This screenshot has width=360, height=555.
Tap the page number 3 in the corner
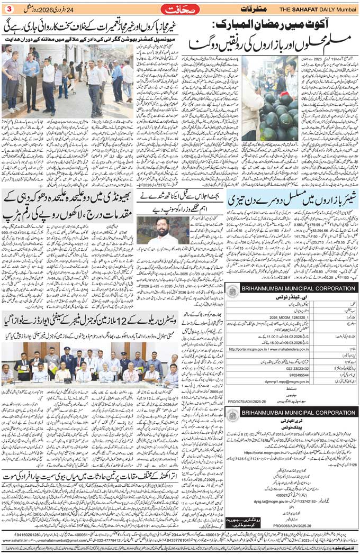[8, 9]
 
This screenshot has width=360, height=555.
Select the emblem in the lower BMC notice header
[233, 431]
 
